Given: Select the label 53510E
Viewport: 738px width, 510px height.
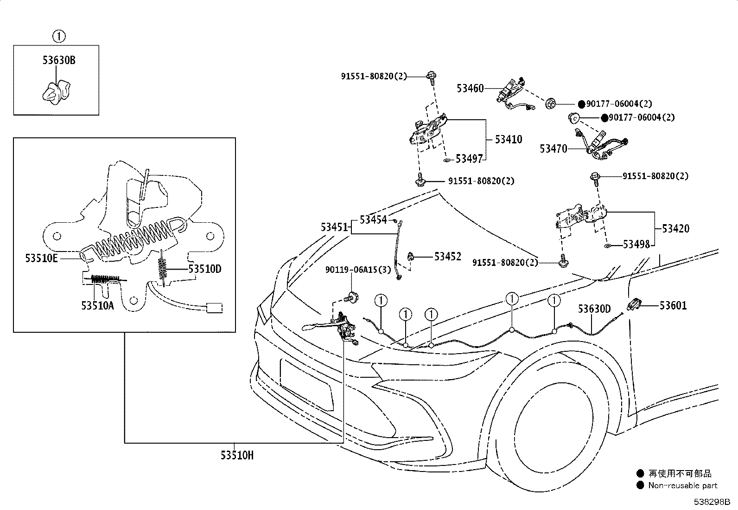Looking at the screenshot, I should coord(42,258).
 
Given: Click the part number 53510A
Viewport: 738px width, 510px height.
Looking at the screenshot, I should coord(97,305).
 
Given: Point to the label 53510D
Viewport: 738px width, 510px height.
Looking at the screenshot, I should coord(205,269).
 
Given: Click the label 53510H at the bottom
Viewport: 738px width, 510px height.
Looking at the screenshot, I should coord(237,455).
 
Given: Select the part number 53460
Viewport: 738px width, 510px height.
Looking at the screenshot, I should coord(470,88).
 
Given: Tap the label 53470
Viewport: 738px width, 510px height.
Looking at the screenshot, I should coord(553,149).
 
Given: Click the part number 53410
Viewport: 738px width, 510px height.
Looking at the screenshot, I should coord(508,139).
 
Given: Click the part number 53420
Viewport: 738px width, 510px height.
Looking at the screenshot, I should coord(675,228).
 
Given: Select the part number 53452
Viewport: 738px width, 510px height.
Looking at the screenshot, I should coord(448,256).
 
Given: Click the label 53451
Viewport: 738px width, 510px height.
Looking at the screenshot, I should coord(334,227).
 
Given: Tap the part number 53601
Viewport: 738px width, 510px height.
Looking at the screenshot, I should coord(673,305).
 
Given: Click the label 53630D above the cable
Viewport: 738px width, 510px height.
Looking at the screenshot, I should coord(594,309).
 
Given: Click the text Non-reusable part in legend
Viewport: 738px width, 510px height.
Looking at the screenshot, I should coord(682,485).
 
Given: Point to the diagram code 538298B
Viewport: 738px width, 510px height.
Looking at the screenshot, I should coord(712,502).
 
